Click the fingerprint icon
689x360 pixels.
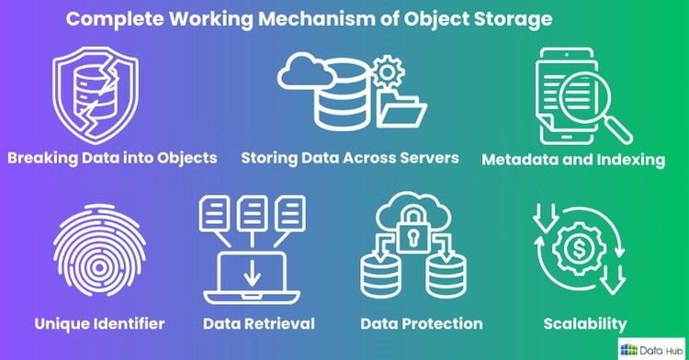point(99,256)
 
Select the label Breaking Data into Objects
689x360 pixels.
point(112,157)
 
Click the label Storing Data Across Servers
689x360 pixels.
point(349,157)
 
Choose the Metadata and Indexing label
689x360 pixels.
point(573,160)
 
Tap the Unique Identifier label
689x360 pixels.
point(99,323)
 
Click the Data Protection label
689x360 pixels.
point(422,323)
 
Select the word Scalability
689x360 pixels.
point(585,323)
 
